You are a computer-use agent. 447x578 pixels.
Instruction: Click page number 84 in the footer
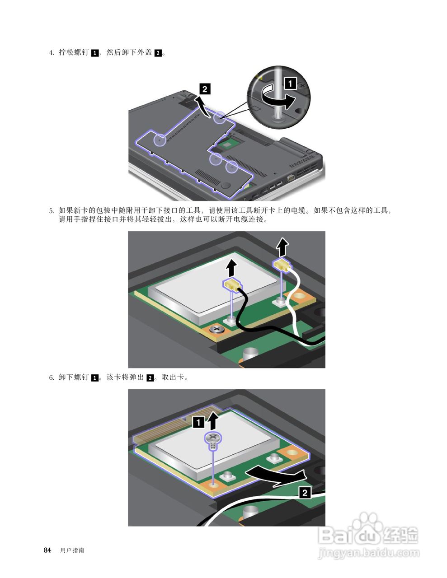tap(47, 550)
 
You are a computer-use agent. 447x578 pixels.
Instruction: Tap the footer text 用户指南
tap(72, 550)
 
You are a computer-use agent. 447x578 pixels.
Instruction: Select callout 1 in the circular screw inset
tap(290, 83)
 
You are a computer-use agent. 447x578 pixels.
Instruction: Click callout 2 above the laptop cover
tap(204, 89)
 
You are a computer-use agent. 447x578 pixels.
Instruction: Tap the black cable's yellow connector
tap(231, 284)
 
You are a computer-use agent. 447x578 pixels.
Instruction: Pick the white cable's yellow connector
tap(282, 265)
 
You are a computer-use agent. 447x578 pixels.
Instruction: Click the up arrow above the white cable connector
tap(282, 247)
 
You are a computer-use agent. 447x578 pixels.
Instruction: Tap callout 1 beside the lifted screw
tap(198, 422)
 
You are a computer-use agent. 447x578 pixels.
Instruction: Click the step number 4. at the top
tap(52, 53)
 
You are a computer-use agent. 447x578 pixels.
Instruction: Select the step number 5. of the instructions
tap(52, 211)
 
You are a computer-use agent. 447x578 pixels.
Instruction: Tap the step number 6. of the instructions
tap(52, 378)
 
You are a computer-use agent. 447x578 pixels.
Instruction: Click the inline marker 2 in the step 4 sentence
tap(158, 53)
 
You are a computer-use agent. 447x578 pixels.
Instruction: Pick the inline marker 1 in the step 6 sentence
tap(95, 378)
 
